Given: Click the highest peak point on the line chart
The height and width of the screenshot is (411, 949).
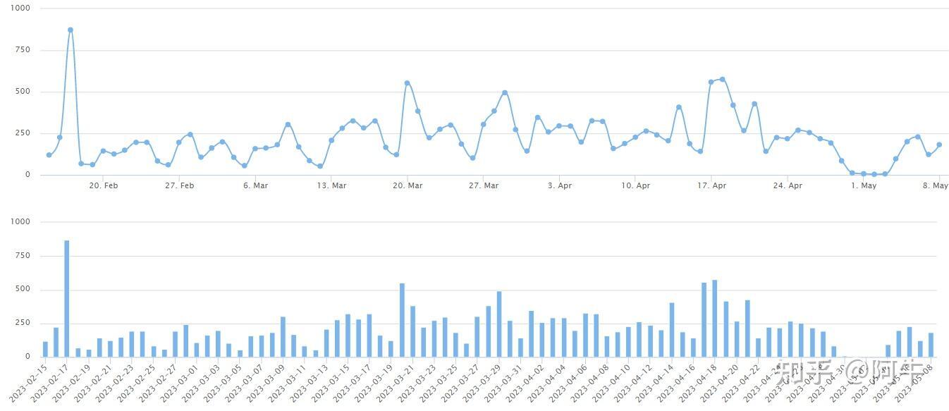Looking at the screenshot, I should (71, 30).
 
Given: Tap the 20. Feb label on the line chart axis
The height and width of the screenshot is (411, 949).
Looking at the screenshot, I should (103, 186).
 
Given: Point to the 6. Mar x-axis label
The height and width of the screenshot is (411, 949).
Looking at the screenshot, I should (255, 186).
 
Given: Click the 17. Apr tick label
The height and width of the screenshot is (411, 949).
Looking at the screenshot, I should (711, 186).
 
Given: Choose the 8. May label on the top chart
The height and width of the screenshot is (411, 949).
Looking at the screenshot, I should (936, 186).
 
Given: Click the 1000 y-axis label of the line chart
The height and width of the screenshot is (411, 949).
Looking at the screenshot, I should (21, 8).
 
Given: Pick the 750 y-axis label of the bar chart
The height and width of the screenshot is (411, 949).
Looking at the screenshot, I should (23, 256).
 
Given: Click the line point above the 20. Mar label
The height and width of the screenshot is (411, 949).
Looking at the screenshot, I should (407, 83).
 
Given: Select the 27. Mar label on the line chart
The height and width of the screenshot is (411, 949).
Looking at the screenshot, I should (483, 186).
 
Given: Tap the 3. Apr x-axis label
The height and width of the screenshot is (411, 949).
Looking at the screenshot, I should (559, 186).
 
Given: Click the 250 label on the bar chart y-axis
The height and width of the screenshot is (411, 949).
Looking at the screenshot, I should (23, 323).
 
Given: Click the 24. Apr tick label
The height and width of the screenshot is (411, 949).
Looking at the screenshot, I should (788, 186).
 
